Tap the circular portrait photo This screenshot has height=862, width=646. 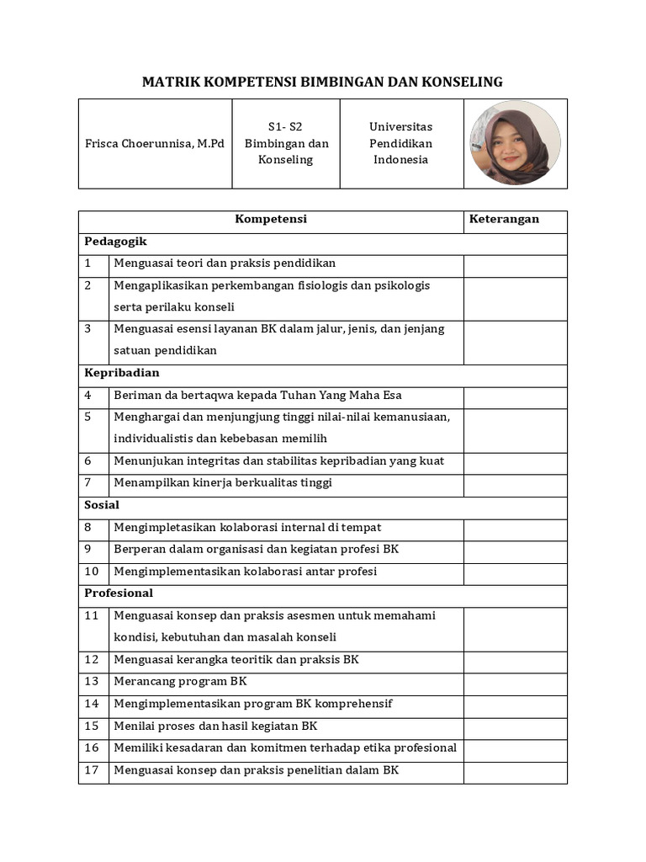click(515, 143)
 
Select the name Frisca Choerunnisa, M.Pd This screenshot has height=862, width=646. click(155, 143)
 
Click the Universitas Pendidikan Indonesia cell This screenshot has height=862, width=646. click(401, 143)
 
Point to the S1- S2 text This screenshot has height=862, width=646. click(285, 126)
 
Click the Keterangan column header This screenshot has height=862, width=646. click(504, 219)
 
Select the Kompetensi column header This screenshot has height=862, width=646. click(271, 219)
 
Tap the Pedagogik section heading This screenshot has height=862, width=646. click(115, 242)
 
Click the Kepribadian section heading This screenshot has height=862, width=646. click(122, 373)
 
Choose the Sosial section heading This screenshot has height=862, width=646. click(102, 505)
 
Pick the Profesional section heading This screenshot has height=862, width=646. click(119, 593)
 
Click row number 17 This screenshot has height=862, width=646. click(92, 769)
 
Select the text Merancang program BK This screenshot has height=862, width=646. click(180, 681)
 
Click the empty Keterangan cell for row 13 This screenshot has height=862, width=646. click(515, 681)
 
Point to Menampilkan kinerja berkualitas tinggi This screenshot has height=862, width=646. click(223, 483)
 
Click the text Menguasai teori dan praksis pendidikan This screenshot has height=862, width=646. click(225, 263)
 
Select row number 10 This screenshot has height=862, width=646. click(92, 572)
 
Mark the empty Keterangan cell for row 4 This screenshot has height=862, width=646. click(515, 395)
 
